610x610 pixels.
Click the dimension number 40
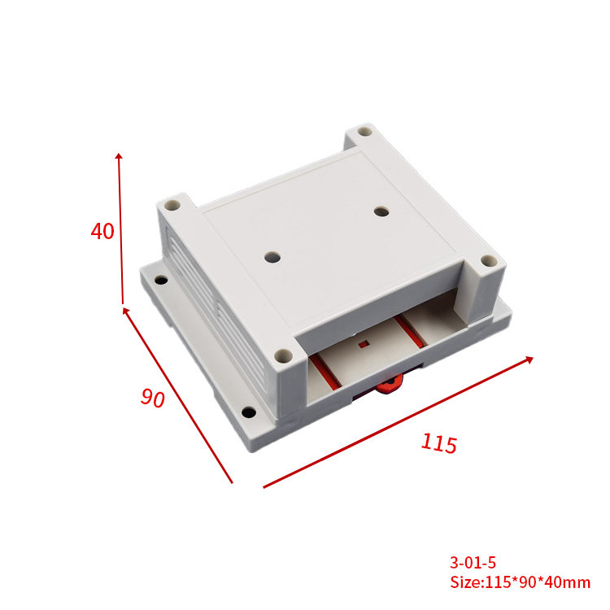click(102, 232)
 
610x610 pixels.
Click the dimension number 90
click(152, 398)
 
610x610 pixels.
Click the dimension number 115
click(439, 443)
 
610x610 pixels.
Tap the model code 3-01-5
click(473, 562)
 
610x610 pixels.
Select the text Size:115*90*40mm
click(521, 582)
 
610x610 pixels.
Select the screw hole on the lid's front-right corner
click(488, 261)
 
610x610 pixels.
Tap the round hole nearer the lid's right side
click(381, 211)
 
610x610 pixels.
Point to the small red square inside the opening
click(364, 343)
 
